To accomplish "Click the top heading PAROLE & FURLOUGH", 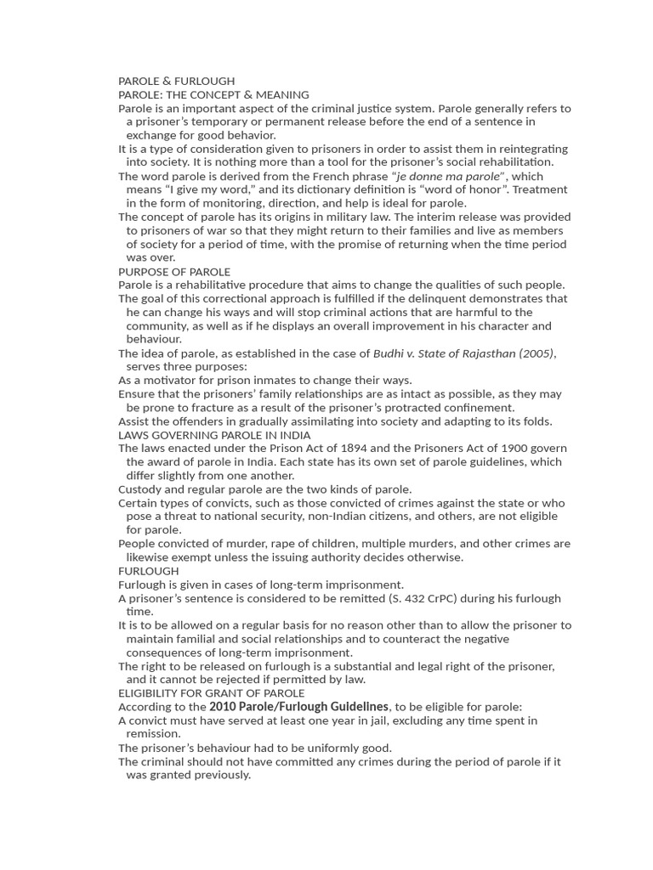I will tap(176, 81).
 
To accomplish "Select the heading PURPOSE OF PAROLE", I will tap(174, 272).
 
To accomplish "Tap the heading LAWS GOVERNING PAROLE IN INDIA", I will tap(214, 435).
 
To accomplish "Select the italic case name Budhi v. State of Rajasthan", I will tap(446, 353).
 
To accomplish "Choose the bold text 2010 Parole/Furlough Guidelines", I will tap(299, 707).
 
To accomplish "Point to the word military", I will tap(345, 217).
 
